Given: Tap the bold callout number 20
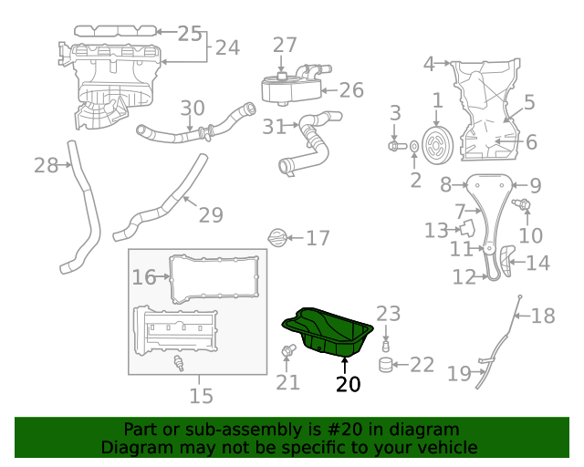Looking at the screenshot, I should (349, 384).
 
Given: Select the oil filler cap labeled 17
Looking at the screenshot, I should (278, 238).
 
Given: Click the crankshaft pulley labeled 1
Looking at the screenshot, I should (438, 143).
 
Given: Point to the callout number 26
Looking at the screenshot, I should (351, 90).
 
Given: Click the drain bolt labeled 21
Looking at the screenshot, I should (289, 351).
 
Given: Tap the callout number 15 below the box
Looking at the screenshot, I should (201, 395).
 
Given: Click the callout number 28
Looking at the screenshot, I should (46, 165).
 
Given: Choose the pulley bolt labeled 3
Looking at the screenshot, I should (394, 145).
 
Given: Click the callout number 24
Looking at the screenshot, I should (227, 47).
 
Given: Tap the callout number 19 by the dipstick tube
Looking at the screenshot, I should (459, 372).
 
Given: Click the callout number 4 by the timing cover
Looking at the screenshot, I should (429, 64).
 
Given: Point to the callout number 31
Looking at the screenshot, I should (274, 127).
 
